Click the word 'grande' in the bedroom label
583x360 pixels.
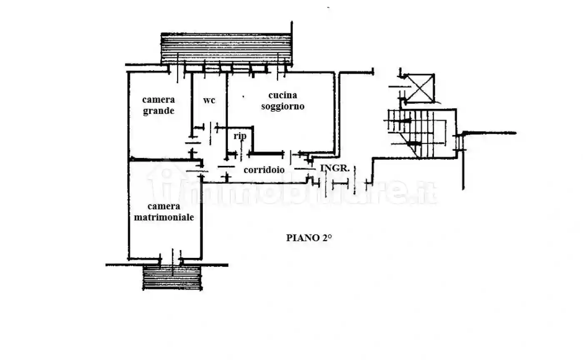click(159, 111)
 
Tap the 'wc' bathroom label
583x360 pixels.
click(209, 100)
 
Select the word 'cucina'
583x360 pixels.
click(283, 95)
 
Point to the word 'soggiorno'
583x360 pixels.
click(283, 106)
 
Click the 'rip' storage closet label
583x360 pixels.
click(240, 136)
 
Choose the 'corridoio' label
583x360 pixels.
click(264, 170)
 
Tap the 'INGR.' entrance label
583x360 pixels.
click(335, 168)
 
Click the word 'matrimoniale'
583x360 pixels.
click(164, 217)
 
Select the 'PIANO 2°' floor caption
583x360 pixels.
click(309, 238)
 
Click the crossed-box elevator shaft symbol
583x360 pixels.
click(420, 88)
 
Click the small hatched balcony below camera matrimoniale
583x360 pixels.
click(172, 277)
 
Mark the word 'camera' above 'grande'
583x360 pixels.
click(159, 100)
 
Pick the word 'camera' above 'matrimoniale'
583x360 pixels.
click(164, 206)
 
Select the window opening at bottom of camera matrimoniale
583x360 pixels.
click(171, 259)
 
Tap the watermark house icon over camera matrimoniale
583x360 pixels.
click(167, 182)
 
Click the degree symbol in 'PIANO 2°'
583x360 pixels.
click(329, 236)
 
